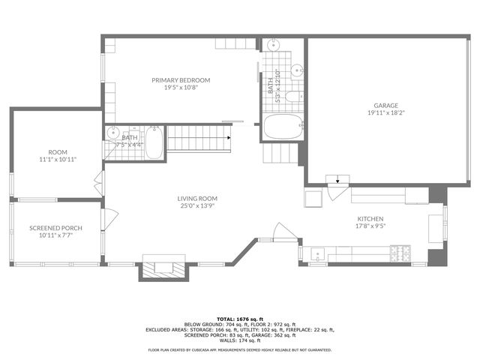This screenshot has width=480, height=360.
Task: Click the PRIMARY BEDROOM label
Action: click(x=181, y=80)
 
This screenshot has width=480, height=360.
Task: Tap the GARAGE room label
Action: click(x=386, y=106)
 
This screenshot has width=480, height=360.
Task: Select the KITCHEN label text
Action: click(x=370, y=218)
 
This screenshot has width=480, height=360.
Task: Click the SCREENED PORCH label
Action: click(x=55, y=228)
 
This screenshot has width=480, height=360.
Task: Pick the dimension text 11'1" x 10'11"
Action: click(x=58, y=160)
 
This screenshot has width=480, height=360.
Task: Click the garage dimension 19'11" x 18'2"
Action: click(x=386, y=113)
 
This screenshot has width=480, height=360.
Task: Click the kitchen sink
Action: click(x=318, y=254)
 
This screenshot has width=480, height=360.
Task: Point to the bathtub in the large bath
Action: click(x=282, y=127)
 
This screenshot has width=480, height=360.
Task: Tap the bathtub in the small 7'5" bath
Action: click(x=154, y=142)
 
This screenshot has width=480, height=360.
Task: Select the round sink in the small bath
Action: click(x=113, y=133)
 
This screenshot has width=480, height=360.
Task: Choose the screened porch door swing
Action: click(x=109, y=219)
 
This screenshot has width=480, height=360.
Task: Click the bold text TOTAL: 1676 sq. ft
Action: click(x=239, y=319)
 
